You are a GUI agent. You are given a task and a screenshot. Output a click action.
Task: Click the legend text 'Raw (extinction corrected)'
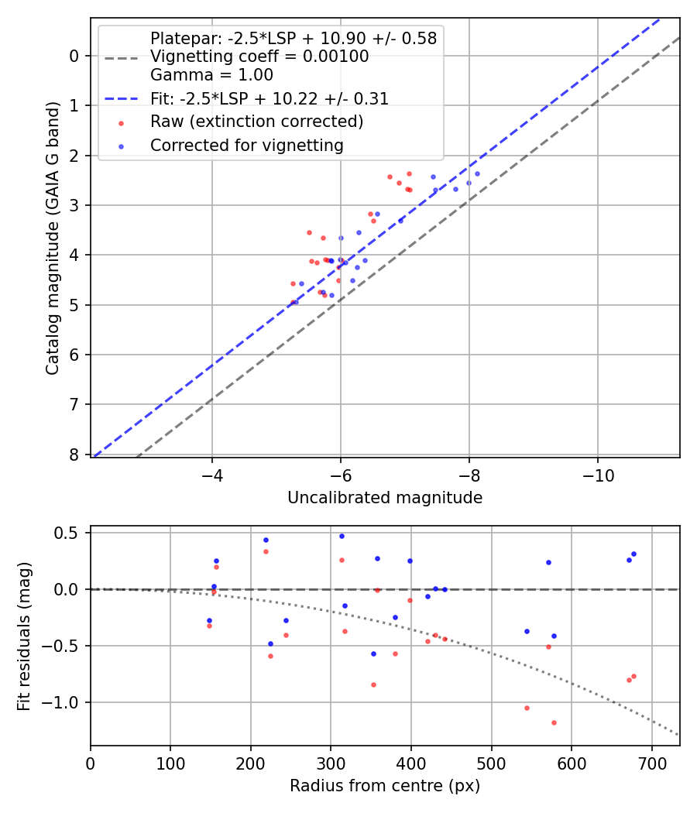pos(256,122)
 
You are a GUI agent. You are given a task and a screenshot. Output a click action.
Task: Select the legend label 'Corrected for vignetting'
pos(247,145)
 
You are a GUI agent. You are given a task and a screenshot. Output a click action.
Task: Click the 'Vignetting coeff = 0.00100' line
pos(259,57)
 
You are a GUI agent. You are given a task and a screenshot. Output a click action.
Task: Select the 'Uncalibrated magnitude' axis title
pos(385,498)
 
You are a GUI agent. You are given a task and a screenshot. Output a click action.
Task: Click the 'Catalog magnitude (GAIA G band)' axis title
pos(53,237)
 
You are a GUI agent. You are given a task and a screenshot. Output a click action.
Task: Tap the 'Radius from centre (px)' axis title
pos(385,786)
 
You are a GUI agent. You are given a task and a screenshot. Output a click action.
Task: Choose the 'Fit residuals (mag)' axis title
pos(24,636)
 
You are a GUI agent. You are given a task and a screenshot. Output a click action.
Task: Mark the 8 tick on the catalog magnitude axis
pos(74,455)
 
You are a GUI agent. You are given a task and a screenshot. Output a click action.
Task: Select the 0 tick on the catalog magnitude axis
pos(74,56)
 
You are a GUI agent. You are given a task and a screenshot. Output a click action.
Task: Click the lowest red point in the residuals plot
pos(554,722)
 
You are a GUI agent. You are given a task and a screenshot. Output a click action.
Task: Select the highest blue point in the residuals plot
pos(342,536)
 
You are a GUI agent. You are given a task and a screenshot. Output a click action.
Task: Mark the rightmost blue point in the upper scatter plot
pos(477,173)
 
